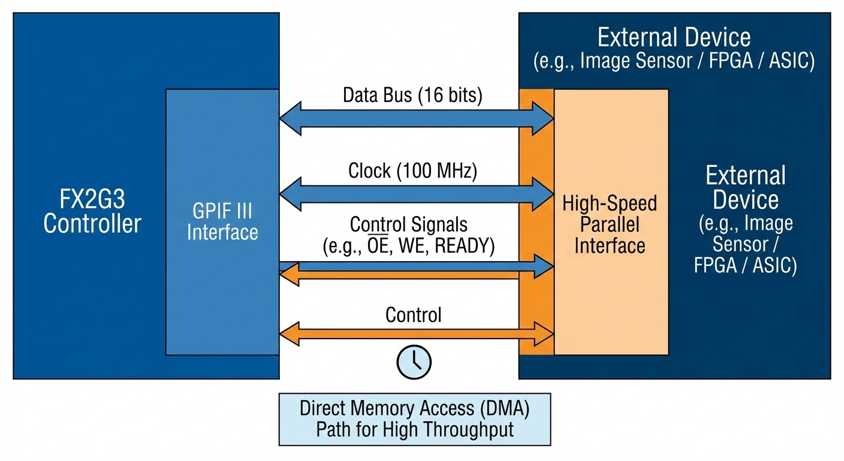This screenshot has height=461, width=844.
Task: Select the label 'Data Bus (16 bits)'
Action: pyautogui.click(x=412, y=95)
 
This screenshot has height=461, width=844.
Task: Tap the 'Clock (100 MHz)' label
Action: pyautogui.click(x=412, y=171)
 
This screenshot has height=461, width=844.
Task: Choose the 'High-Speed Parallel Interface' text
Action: pyautogui.click(x=610, y=224)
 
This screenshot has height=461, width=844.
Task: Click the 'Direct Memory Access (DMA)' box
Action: pyautogui.click(x=415, y=419)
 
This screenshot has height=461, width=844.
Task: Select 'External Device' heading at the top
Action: pyautogui.click(x=674, y=38)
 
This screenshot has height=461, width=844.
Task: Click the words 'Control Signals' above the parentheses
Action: pyautogui.click(x=408, y=225)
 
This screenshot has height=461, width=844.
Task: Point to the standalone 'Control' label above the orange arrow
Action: pyautogui.click(x=414, y=315)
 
